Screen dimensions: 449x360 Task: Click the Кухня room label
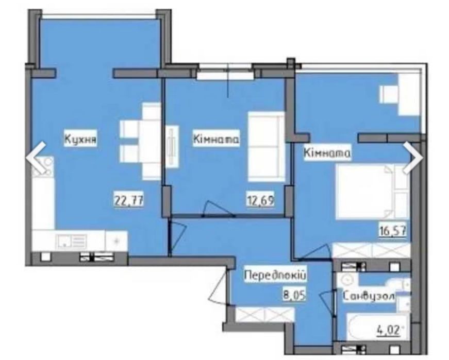click(80, 139)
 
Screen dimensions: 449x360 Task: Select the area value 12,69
click(260, 199)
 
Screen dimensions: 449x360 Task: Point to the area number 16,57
click(393, 230)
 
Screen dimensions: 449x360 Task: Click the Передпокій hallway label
click(275, 276)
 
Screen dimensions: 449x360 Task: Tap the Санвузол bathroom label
click(369, 296)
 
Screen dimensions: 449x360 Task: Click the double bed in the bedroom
click(372, 192)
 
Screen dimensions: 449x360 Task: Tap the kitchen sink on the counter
click(72, 241)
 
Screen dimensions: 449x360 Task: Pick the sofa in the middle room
click(266, 146)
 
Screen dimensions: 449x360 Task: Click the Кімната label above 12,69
click(216, 140)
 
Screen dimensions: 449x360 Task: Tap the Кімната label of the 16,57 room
click(327, 153)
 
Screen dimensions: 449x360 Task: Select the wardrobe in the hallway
click(264, 314)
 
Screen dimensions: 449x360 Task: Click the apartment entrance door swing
click(220, 285)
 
